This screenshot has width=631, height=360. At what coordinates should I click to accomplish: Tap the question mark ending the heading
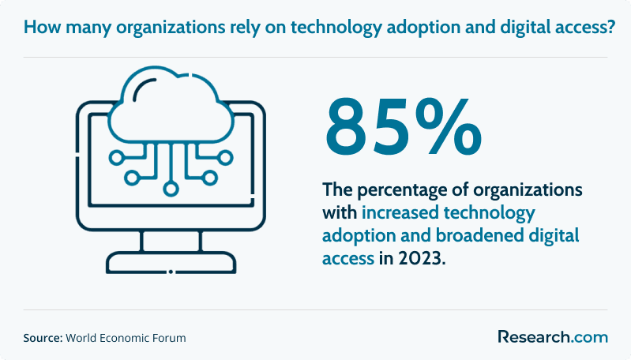click(611, 27)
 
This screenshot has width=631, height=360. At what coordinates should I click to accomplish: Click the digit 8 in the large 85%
click(348, 127)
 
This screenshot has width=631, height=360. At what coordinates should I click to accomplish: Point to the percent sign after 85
click(447, 126)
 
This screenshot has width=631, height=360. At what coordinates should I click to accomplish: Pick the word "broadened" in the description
click(479, 235)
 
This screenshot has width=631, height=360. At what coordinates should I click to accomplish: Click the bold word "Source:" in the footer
click(43, 338)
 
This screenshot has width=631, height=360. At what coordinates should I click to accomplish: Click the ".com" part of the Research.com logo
click(589, 337)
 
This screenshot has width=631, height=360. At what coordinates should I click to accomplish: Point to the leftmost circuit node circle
click(117, 158)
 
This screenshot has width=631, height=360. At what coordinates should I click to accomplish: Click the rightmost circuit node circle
click(225, 158)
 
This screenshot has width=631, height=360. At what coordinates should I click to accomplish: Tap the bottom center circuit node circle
click(171, 188)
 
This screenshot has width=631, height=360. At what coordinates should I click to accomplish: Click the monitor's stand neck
click(171, 242)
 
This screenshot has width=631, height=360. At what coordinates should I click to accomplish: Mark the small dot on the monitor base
click(171, 272)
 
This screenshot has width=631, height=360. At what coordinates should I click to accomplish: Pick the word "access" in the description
click(348, 259)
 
